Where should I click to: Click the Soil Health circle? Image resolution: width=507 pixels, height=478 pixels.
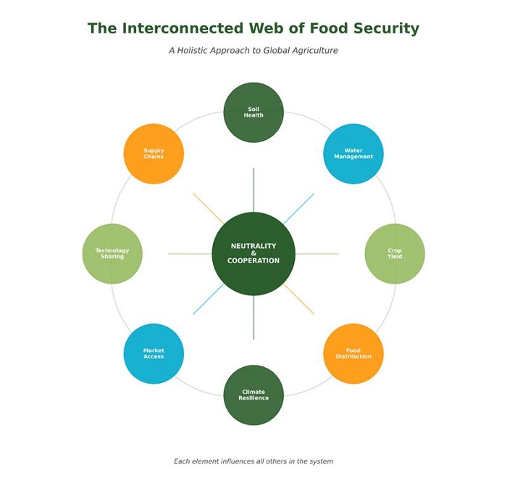click(253, 112)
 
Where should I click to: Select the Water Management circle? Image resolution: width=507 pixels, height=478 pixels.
click(353, 154)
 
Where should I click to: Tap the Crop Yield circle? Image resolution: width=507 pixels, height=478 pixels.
click(395, 254)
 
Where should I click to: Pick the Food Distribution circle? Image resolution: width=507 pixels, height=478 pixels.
click(353, 354)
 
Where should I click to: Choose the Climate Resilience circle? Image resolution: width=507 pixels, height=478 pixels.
click(253, 395)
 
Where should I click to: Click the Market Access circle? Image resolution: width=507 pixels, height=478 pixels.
click(154, 354)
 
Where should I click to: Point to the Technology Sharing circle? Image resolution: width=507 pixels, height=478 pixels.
click(112, 254)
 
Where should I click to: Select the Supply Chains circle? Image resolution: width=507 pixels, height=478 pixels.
click(154, 154)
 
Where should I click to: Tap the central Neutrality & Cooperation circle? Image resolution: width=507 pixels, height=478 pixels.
click(253, 254)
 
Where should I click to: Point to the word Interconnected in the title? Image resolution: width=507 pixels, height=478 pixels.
click(181, 29)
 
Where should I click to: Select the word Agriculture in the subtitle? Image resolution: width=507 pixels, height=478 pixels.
click(311, 51)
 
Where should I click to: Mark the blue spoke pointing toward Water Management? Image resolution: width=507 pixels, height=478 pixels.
click(299, 208)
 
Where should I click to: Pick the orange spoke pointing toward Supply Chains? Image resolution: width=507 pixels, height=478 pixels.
click(208, 208)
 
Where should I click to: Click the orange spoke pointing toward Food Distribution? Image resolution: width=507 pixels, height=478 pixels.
click(299, 300)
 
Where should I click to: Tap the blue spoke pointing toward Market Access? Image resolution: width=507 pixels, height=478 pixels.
click(208, 300)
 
